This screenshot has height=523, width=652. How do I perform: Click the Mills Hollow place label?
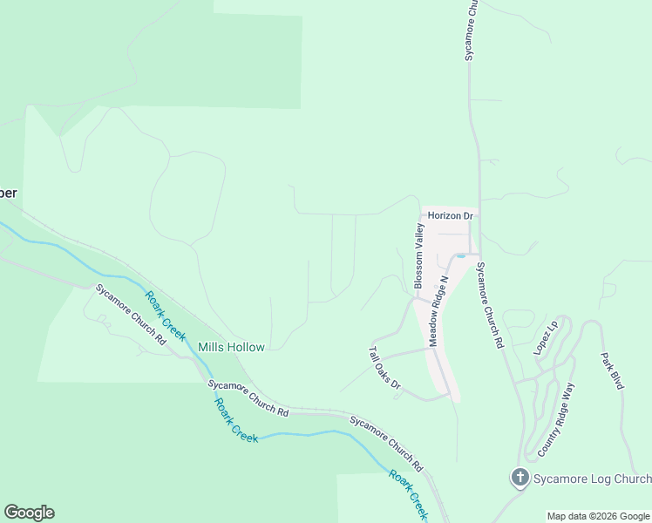click(x=231, y=347)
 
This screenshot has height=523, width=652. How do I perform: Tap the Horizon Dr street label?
click(x=450, y=215)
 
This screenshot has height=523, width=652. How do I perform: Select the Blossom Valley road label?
click(x=418, y=256)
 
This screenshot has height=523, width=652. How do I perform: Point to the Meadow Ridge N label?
click(x=437, y=309)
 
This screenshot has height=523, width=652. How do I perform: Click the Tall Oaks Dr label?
click(x=384, y=368)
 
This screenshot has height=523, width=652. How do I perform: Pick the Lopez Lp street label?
click(x=545, y=337)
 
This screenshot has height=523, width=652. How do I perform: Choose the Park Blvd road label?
click(x=613, y=370)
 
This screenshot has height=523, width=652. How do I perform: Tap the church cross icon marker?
click(x=520, y=478)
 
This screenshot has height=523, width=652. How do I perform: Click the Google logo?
click(x=29, y=513)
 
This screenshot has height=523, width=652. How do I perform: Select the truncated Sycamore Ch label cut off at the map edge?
click(x=470, y=30)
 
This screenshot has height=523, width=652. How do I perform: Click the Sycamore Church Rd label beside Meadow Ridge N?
click(x=488, y=305)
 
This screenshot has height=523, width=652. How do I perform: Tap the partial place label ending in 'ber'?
click(x=9, y=193)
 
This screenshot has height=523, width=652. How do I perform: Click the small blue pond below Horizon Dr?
click(x=460, y=255)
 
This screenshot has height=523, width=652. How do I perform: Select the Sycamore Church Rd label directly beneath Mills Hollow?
click(x=248, y=397)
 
